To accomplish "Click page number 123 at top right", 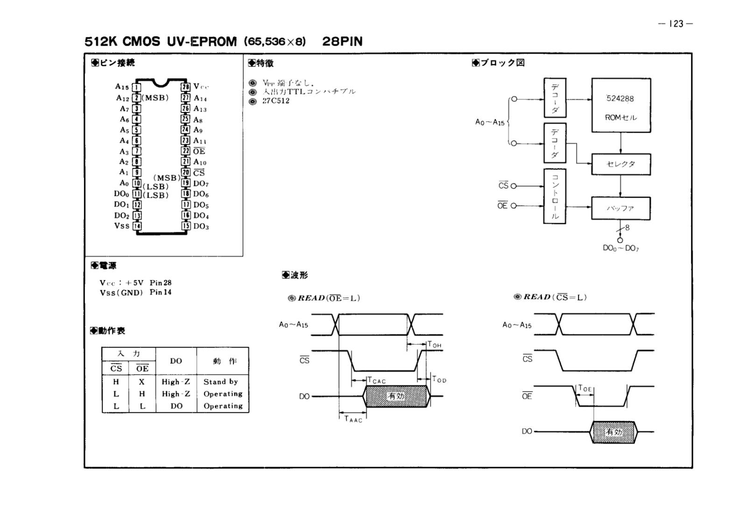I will click(x=676, y=24).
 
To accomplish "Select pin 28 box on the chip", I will click(x=186, y=87).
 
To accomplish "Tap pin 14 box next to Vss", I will click(x=137, y=226).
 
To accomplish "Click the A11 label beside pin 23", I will click(x=200, y=141).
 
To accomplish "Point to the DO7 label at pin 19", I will click(x=201, y=183).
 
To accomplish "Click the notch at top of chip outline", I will click(x=161, y=83).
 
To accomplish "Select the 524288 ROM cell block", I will click(x=620, y=106).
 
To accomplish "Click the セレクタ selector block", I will click(x=620, y=164).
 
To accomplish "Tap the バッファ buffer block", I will click(x=620, y=209).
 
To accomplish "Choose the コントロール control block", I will click(x=555, y=196).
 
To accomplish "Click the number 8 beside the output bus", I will click(x=627, y=227).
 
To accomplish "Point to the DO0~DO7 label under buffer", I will click(x=620, y=248).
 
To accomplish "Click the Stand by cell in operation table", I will click(x=221, y=382).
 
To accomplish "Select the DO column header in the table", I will click(x=176, y=361).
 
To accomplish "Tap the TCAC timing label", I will click(x=377, y=380).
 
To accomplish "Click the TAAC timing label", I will click(x=353, y=419).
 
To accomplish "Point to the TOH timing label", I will click(x=435, y=345).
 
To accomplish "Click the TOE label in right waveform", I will click(x=585, y=388).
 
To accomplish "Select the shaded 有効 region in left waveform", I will click(x=396, y=396).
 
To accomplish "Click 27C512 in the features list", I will click(x=276, y=101).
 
